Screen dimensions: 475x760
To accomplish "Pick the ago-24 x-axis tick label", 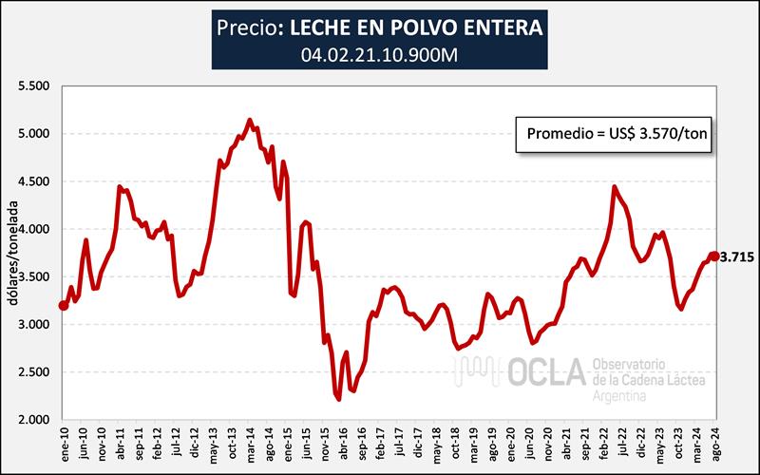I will [x=714, y=443].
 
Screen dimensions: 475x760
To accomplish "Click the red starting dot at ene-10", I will [x=64, y=305].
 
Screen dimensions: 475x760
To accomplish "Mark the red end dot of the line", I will [x=714, y=256].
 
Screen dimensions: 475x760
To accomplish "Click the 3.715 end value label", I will [x=736, y=256].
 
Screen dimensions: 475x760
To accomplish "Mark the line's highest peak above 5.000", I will [x=249, y=121].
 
